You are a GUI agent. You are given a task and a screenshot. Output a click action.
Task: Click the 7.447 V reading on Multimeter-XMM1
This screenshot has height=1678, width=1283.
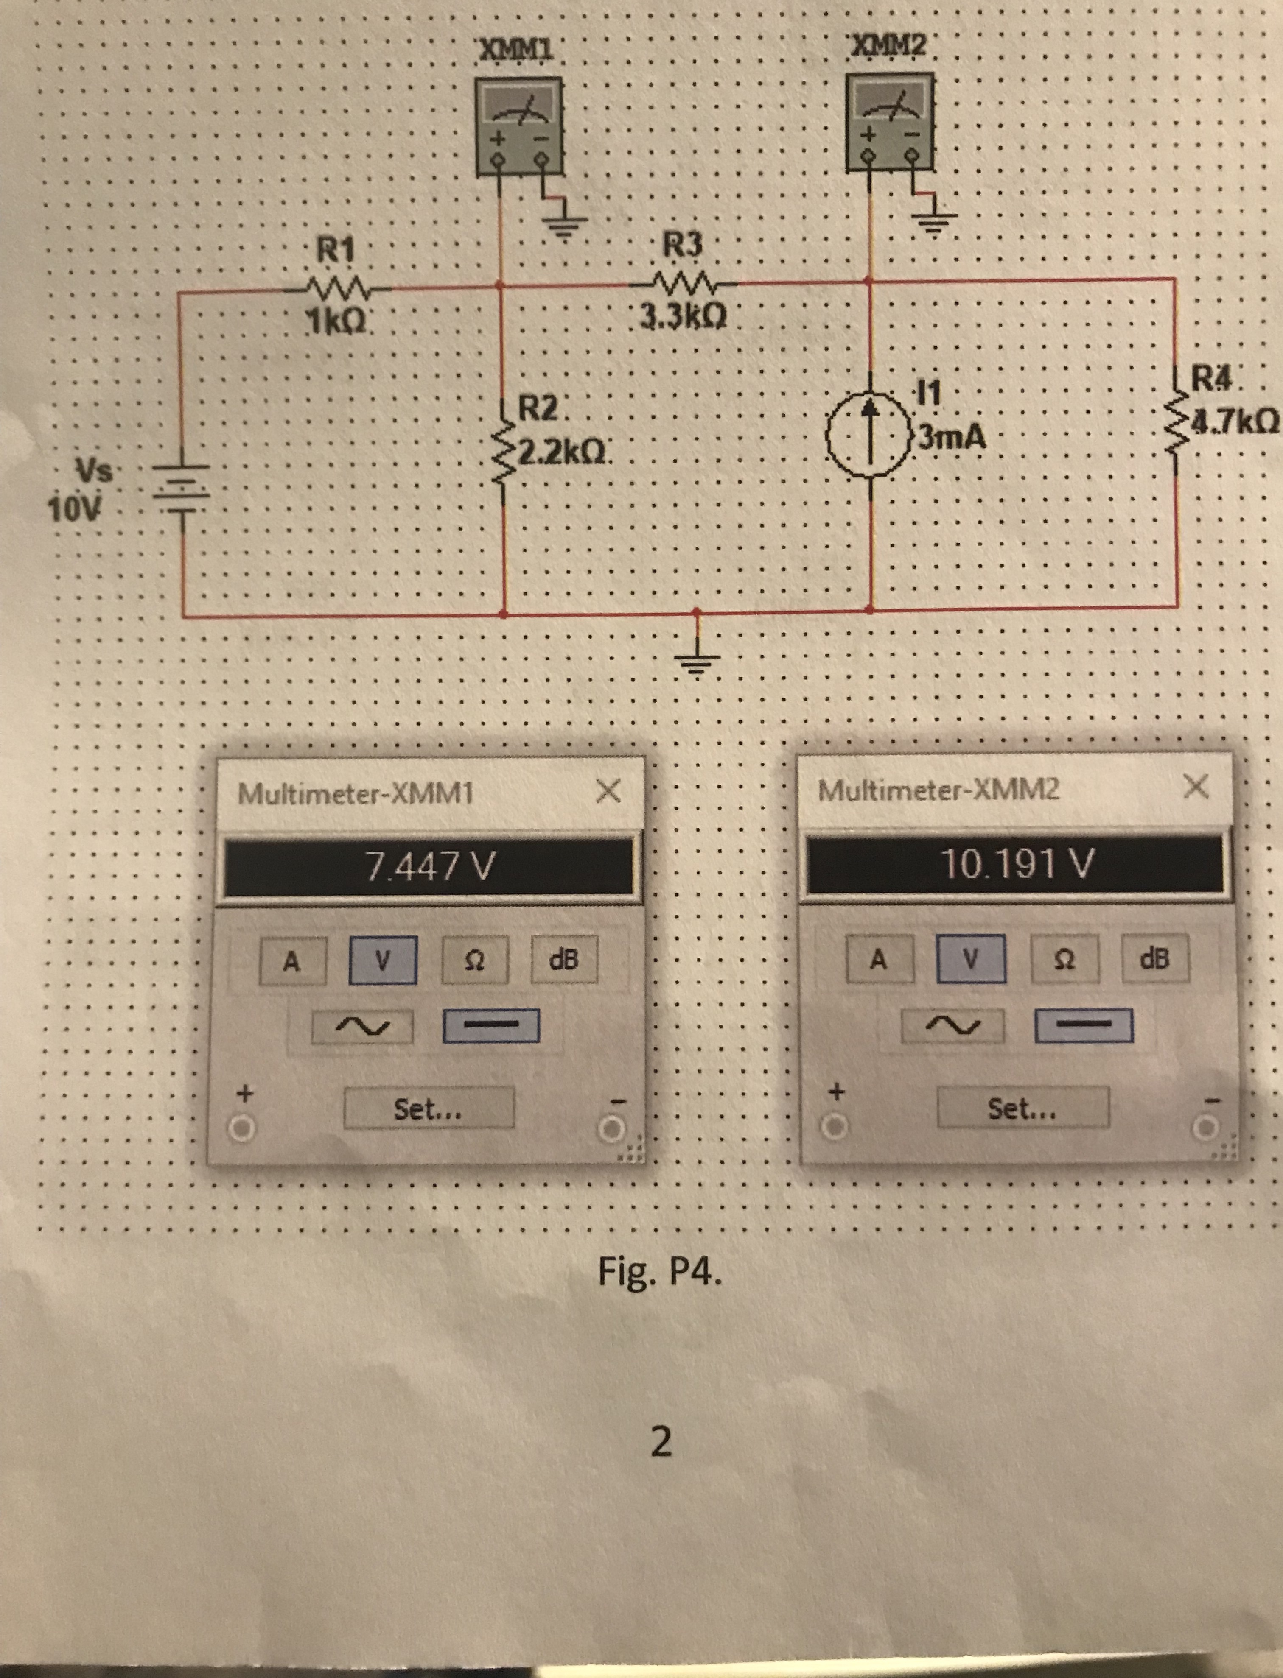(429, 866)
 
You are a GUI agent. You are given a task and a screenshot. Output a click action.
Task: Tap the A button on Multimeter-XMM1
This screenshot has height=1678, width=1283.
(292, 960)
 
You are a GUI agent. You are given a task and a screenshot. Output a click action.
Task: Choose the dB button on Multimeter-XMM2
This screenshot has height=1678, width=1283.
(1155, 958)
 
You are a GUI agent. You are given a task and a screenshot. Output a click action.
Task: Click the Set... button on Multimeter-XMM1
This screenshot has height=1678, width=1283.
(429, 1108)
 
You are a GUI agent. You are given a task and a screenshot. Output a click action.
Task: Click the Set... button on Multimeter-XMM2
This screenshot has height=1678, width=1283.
(1022, 1107)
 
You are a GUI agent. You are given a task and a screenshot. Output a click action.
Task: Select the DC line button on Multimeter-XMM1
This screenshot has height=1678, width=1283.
(491, 1025)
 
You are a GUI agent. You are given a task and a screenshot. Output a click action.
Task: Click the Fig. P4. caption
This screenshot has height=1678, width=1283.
(659, 1272)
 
